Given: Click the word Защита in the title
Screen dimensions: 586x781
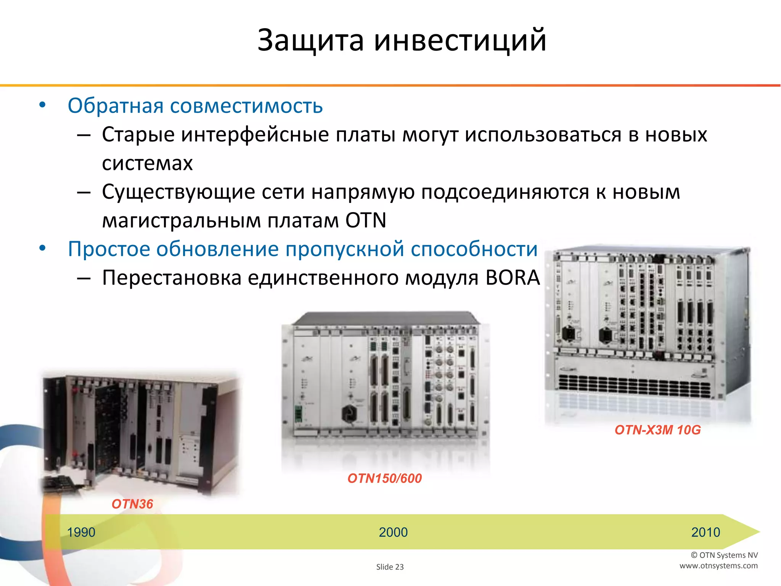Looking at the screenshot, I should [310, 40].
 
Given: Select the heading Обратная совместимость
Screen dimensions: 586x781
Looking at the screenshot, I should [195, 106].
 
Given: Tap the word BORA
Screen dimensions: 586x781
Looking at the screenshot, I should [513, 277].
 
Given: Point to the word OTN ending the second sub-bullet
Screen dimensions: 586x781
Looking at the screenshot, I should [366, 221].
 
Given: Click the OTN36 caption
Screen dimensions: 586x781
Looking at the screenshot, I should [132, 504].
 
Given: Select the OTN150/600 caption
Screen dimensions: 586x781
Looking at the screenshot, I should [384, 478].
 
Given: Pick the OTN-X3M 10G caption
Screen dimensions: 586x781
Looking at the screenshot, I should [657, 430].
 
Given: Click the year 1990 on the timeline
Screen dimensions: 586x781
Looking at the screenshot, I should [81, 532].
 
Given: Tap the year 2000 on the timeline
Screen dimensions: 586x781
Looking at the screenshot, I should [393, 532].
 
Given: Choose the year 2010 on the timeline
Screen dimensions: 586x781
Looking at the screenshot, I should [705, 532].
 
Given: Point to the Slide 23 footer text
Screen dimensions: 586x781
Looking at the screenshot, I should [390, 567].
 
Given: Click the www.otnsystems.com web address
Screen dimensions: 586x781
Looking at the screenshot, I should [718, 566].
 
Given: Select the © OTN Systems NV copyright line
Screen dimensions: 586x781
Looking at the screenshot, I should [724, 555].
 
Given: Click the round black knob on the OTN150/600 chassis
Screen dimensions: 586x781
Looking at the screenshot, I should [349, 413].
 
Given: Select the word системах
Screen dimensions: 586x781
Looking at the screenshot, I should [147, 163].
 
